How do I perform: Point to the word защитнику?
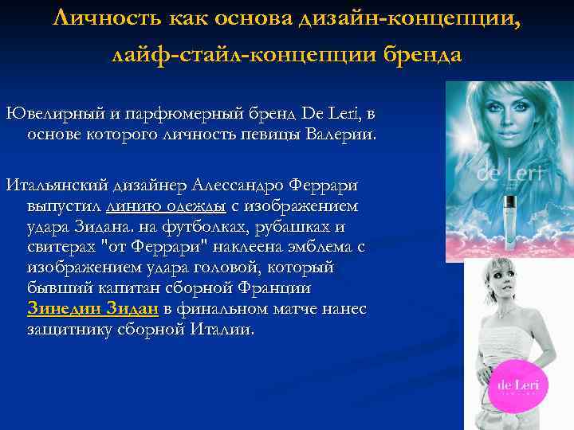pyautogui.click(x=67, y=329)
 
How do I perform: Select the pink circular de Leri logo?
pyautogui.click(x=517, y=386)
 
